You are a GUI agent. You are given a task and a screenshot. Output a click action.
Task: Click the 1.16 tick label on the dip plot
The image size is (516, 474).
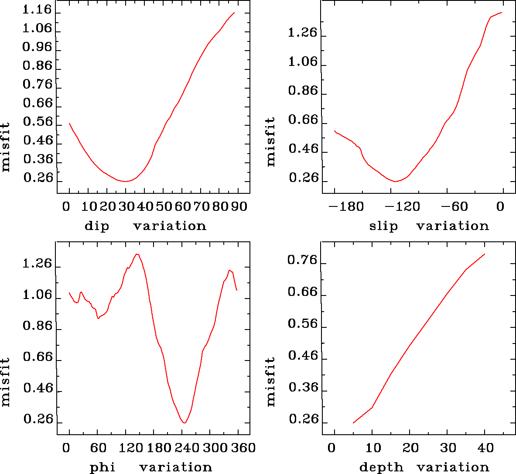[37, 10]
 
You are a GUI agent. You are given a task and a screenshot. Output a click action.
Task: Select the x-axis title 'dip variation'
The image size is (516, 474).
[145, 226]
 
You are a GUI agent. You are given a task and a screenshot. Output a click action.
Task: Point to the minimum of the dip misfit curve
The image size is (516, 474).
[125, 181]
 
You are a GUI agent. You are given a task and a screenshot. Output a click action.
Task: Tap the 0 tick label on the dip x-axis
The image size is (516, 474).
[66, 206]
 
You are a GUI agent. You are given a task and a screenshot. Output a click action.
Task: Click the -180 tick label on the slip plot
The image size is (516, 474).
[346, 206]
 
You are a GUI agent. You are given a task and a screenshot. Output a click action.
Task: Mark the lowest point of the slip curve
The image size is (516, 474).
[395, 181]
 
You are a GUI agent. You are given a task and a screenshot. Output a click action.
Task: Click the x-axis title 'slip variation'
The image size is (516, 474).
[429, 226]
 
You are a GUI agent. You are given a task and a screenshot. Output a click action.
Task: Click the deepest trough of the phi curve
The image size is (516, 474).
[185, 422]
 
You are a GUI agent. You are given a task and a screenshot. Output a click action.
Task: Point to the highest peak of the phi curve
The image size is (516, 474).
[137, 254]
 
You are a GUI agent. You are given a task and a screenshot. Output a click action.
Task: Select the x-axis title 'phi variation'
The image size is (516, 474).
[150, 467]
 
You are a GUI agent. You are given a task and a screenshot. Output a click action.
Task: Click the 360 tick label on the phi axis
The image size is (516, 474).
[242, 448]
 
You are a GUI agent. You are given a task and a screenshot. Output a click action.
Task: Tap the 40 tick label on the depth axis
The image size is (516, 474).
[485, 448]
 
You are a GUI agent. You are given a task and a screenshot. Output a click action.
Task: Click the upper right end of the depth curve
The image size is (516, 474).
[485, 254]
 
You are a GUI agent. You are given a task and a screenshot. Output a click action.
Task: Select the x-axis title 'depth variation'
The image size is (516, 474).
[424, 467]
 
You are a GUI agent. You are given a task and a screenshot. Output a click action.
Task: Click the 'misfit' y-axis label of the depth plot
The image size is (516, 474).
[271, 382]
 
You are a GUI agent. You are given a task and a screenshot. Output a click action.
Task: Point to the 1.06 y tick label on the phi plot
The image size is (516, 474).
[37, 295]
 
